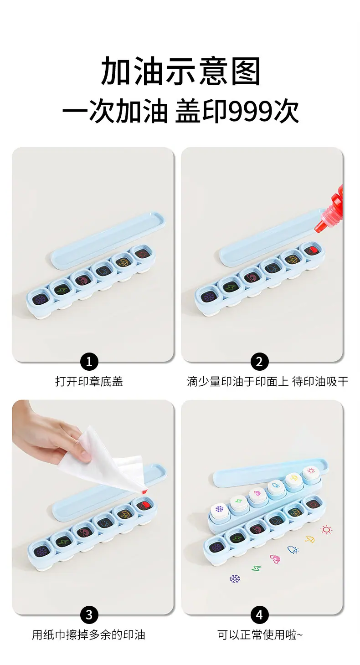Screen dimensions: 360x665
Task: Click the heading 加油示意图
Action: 180,71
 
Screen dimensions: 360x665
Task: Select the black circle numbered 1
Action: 89,362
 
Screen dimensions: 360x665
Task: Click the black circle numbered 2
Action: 259,362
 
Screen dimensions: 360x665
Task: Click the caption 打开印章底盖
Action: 89,382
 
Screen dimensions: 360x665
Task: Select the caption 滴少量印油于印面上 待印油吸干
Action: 267,382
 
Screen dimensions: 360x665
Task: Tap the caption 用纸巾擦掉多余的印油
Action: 88,635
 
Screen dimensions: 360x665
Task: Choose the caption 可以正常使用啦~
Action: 260,635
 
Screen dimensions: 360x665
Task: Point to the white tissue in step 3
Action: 107,463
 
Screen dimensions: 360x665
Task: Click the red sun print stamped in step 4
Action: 326,530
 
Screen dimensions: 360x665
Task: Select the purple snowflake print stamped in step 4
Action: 235,578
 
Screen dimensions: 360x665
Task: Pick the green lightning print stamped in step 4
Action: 257,568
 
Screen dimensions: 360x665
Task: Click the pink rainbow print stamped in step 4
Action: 275,559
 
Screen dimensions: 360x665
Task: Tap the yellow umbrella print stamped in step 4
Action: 310,539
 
